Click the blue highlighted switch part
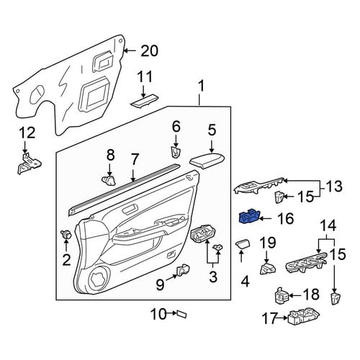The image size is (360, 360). (x=249, y=216)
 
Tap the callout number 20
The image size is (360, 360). (x=149, y=51)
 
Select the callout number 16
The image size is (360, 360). (x=286, y=218)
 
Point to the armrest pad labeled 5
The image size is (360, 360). (x=208, y=161)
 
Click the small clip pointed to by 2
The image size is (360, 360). (x=66, y=233)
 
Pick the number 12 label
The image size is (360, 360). (x=27, y=133)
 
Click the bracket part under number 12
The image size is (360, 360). (x=29, y=163)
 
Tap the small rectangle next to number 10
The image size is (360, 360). (x=181, y=314)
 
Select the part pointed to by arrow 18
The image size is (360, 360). (x=282, y=295)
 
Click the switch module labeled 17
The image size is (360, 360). (x=303, y=317)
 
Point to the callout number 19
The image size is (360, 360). (x=269, y=243)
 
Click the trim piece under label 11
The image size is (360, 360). (x=143, y=102)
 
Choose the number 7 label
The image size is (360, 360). (x=135, y=160)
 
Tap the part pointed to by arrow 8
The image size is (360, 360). (x=109, y=181)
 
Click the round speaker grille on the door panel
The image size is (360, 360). (x=99, y=277)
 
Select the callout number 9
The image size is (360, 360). (x=161, y=284)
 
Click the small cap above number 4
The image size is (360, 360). (x=243, y=244)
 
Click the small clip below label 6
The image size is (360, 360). (x=176, y=152)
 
